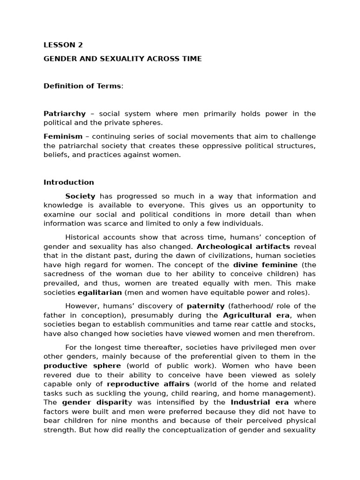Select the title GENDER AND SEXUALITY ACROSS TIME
[x=122, y=59]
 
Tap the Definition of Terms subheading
[x=82, y=86]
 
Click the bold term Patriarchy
[x=65, y=113]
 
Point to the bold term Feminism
[x=63, y=136]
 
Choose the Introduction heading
[x=68, y=182]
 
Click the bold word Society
[x=80, y=196]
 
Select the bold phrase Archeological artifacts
[x=243, y=246]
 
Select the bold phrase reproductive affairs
[x=148, y=384]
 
